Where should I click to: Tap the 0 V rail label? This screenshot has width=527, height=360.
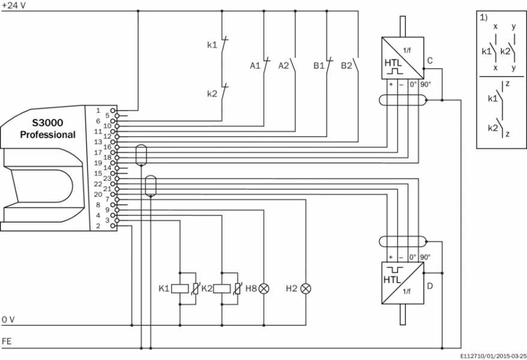coord(8,319)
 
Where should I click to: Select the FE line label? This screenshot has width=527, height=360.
coord(7,341)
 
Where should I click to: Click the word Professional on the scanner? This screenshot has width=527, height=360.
coord(48,134)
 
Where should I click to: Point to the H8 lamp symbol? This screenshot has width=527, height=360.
coord(264,289)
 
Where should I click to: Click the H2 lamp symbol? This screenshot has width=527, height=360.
coord(306,289)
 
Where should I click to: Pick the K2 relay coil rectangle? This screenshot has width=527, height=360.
coord(222,289)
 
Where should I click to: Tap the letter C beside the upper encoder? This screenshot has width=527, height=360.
coord(430,60)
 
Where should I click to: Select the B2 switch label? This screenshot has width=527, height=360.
coord(346,65)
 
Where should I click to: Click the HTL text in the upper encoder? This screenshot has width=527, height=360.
coord(393,62)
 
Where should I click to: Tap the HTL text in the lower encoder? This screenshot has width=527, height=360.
coord(393,280)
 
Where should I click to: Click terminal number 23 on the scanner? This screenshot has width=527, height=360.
coord(107,178)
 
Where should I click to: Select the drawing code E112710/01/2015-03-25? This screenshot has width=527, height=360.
coord(493,355)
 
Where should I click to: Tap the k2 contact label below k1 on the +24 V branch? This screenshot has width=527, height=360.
coord(212,94)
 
